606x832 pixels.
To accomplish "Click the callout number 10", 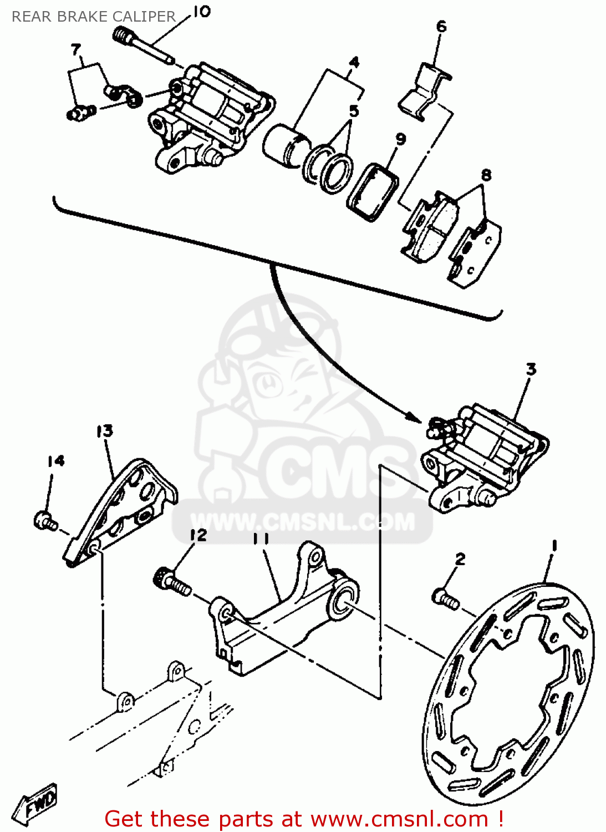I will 202,11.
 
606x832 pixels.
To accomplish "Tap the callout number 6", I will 441,26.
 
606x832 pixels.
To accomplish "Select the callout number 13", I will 104,431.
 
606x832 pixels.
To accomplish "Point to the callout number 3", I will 531,369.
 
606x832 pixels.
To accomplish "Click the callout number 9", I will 400,138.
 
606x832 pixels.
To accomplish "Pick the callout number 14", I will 55,461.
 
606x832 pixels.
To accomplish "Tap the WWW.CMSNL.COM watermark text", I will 303,522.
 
